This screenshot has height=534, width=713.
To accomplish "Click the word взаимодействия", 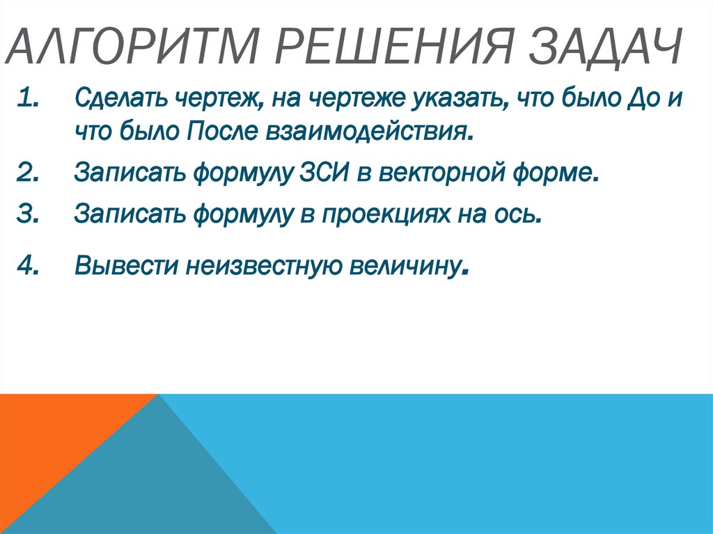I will pyautogui.click(x=362, y=132).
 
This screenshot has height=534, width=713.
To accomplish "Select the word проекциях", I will pyautogui.click(x=385, y=214).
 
